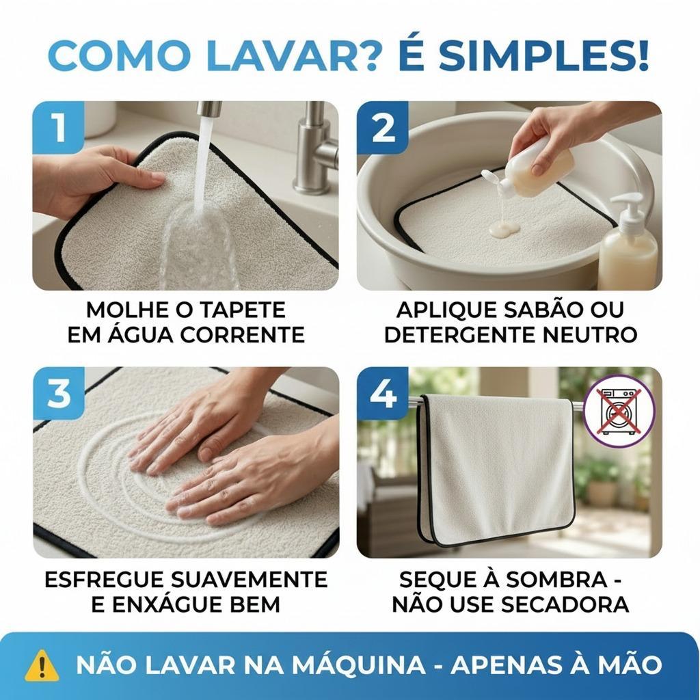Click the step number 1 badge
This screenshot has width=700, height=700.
59,127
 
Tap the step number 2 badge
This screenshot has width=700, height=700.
383,127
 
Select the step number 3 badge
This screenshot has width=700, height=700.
59,393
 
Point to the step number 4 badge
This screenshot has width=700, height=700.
383,393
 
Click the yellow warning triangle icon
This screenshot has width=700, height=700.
42,664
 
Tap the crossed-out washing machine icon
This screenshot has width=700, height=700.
619,411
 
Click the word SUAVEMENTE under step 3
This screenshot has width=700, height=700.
250,580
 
